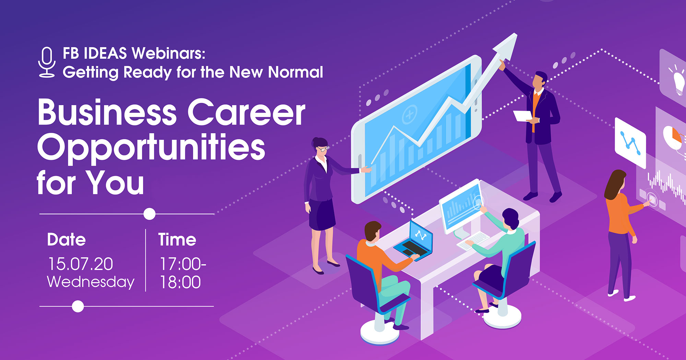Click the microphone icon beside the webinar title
(47, 62)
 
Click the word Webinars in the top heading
(168, 53)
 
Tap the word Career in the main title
(246, 112)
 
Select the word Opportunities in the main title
(151, 148)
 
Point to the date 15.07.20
(81, 264)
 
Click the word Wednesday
(91, 282)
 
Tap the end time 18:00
(180, 282)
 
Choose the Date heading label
(66, 239)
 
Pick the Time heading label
(177, 239)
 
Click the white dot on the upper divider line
(149, 214)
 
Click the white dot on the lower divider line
(78, 306)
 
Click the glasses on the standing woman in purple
(323, 149)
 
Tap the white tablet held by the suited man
(523, 116)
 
